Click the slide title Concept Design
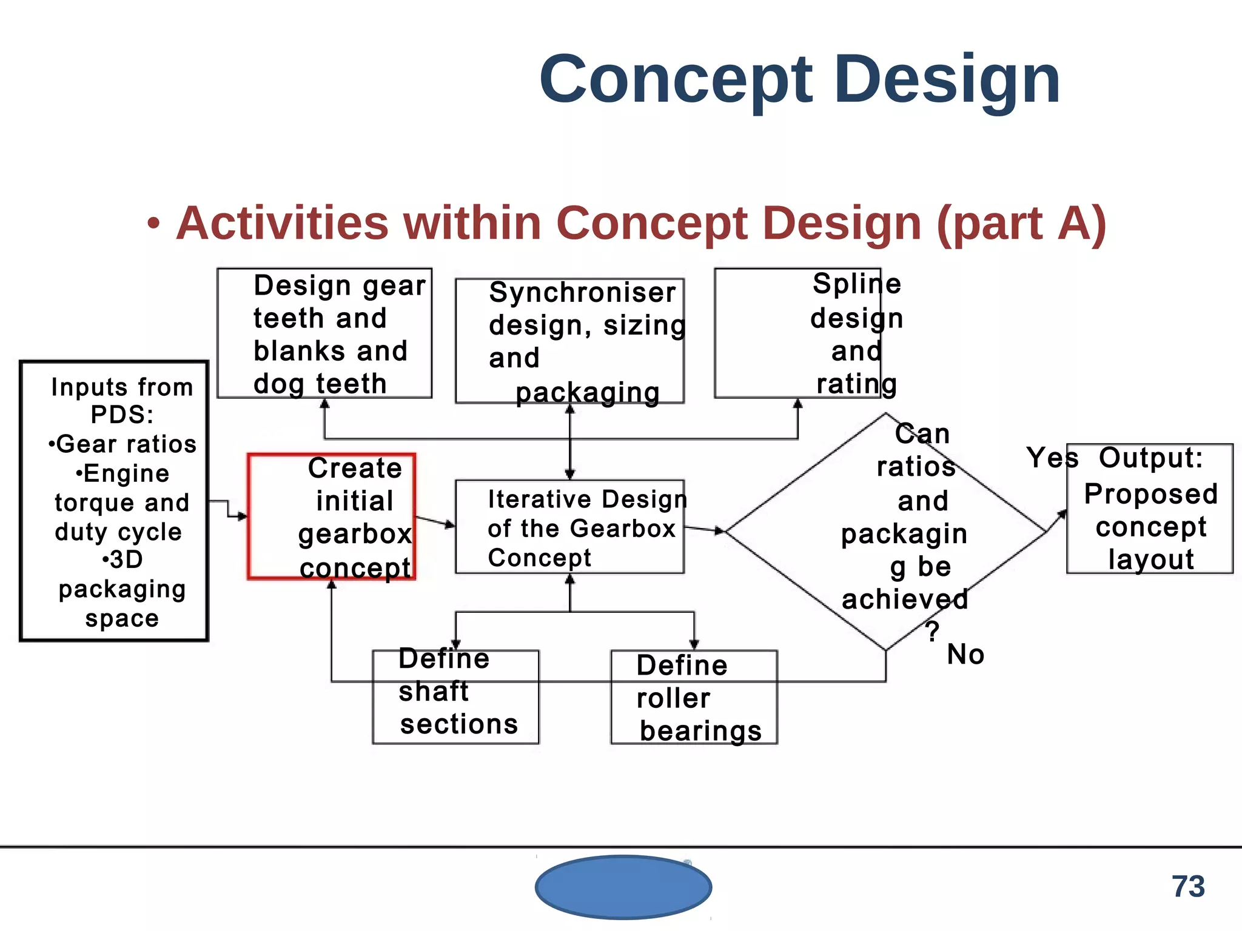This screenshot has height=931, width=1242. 799,80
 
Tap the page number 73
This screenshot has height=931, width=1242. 1187,887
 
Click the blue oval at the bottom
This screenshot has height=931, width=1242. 623,887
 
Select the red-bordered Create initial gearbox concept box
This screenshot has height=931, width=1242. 331,516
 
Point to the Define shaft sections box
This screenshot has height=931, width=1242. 455,696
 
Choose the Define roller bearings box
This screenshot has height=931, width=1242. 694,697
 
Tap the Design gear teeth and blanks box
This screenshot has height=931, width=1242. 324,333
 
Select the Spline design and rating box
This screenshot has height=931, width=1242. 797,333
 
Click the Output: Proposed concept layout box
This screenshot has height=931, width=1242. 1150,509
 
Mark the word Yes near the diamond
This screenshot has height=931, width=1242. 1052,458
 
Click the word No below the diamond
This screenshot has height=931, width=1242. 965,655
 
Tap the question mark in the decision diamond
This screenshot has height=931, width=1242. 932,631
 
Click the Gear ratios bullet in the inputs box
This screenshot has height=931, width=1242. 123,444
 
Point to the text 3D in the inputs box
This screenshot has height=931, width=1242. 123,559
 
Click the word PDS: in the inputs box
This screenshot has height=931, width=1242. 122,415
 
